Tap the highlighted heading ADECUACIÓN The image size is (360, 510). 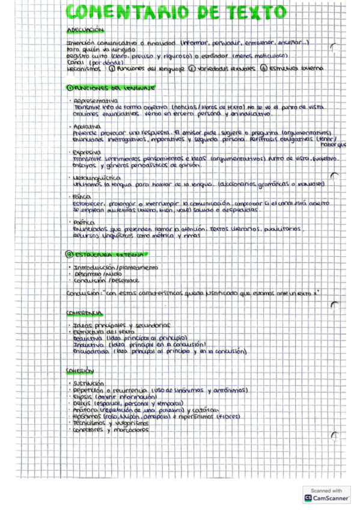(x=85, y=30)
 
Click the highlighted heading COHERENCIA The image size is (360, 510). (x=84, y=313)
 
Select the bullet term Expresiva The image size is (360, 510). (x=88, y=153)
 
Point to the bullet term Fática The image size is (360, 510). (x=82, y=197)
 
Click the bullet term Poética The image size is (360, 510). (x=84, y=223)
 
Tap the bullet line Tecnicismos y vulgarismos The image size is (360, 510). (x=109, y=423)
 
